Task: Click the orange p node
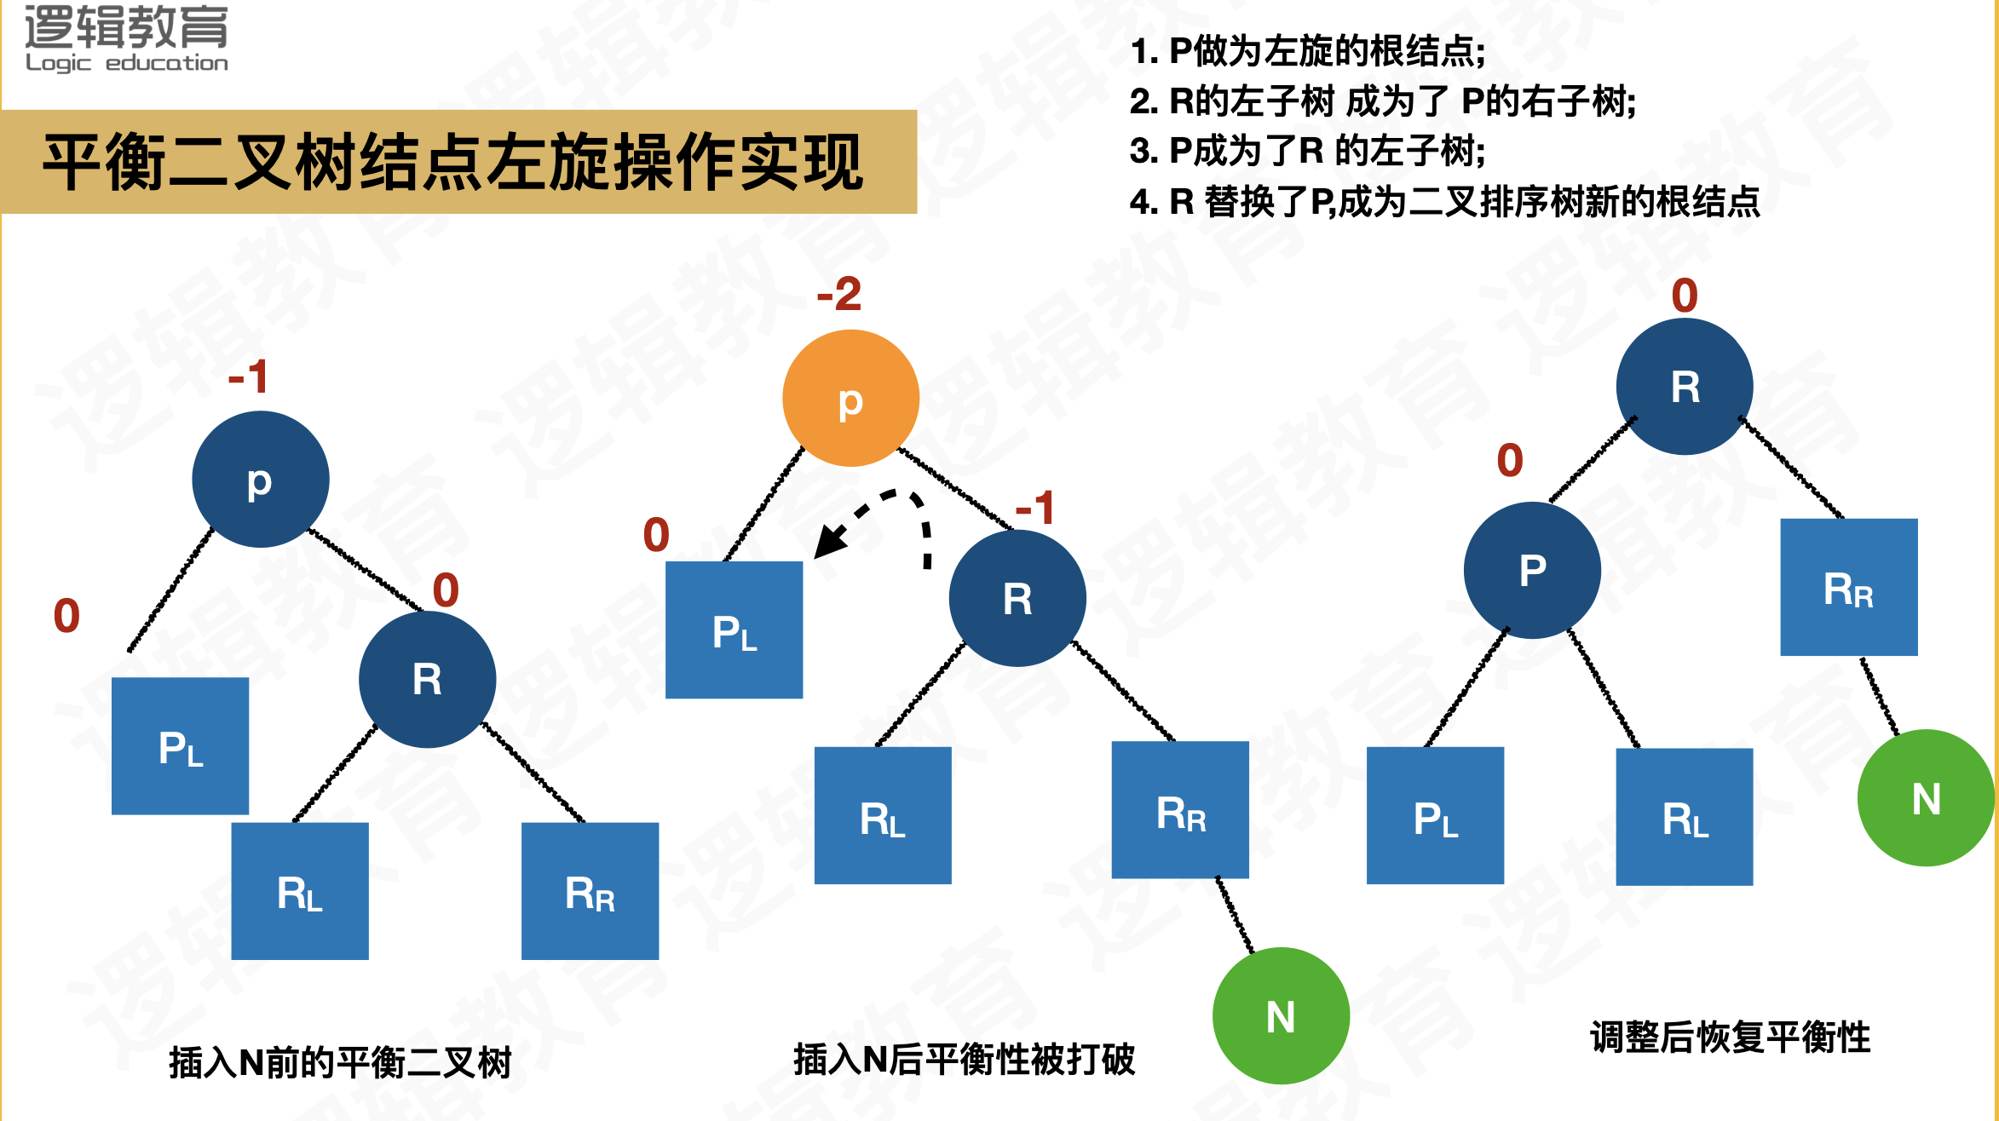pos(850,398)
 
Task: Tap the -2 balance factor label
pos(838,295)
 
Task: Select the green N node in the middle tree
pos(1281,1015)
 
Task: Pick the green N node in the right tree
pos(1926,798)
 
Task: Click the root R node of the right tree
pos(1685,387)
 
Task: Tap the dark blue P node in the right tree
pos(1532,570)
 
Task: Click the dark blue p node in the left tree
pos(260,480)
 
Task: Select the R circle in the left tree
pos(427,680)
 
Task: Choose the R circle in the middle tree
pos(1017,598)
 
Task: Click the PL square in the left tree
pos(181,746)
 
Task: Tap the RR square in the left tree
pos(590,891)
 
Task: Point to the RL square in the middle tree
pos(883,816)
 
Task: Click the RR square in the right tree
pos(1849,587)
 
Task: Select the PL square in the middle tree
pos(734,630)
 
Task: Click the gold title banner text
pos(453,162)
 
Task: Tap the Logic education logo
pos(126,38)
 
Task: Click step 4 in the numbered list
pos(1444,202)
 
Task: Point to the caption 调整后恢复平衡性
pos(1730,1038)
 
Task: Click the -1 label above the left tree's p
pos(248,377)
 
